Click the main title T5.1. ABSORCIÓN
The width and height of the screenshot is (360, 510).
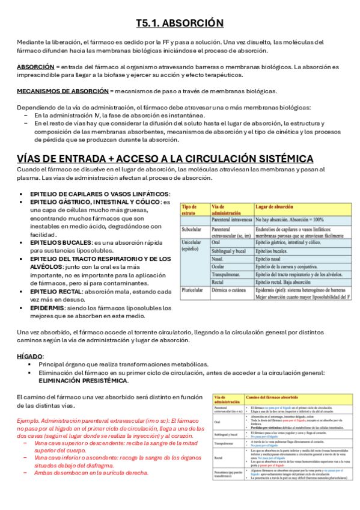click(180, 23)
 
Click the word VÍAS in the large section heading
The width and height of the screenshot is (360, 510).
click(32, 159)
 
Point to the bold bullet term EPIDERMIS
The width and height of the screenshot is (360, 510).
click(47, 307)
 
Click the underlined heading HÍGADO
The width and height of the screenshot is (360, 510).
click(29, 357)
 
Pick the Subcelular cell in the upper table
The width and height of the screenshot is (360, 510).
click(192, 229)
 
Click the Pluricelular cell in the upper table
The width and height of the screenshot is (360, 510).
click(194, 289)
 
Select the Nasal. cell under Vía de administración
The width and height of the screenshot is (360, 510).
click(218, 258)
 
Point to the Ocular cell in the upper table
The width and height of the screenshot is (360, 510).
click(219, 266)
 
